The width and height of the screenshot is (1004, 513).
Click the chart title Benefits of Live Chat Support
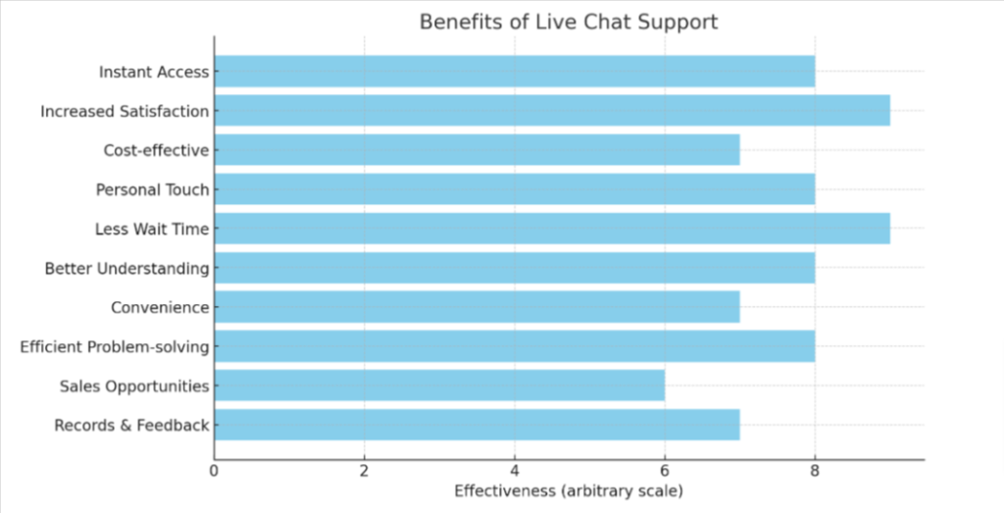[569, 22]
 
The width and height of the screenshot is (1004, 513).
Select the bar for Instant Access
[514, 72]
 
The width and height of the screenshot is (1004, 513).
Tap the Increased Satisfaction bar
[551, 111]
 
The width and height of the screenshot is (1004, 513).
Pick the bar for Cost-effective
[477, 150]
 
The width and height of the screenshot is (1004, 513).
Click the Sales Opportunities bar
[438, 385]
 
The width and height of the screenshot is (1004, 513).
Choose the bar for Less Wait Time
[551, 229]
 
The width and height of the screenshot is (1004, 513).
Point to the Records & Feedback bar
[477, 425]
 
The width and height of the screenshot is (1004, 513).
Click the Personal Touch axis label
[152, 189]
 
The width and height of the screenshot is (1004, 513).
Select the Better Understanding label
[126, 268]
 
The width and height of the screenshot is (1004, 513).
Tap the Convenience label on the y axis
[160, 307]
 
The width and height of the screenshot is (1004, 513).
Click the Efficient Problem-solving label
[115, 346]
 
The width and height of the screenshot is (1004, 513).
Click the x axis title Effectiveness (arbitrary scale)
[569, 489]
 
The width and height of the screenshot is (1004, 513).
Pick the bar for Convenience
[477, 307]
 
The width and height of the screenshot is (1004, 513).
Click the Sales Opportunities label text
[134, 385]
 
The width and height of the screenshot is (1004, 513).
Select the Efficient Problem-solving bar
[514, 346]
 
